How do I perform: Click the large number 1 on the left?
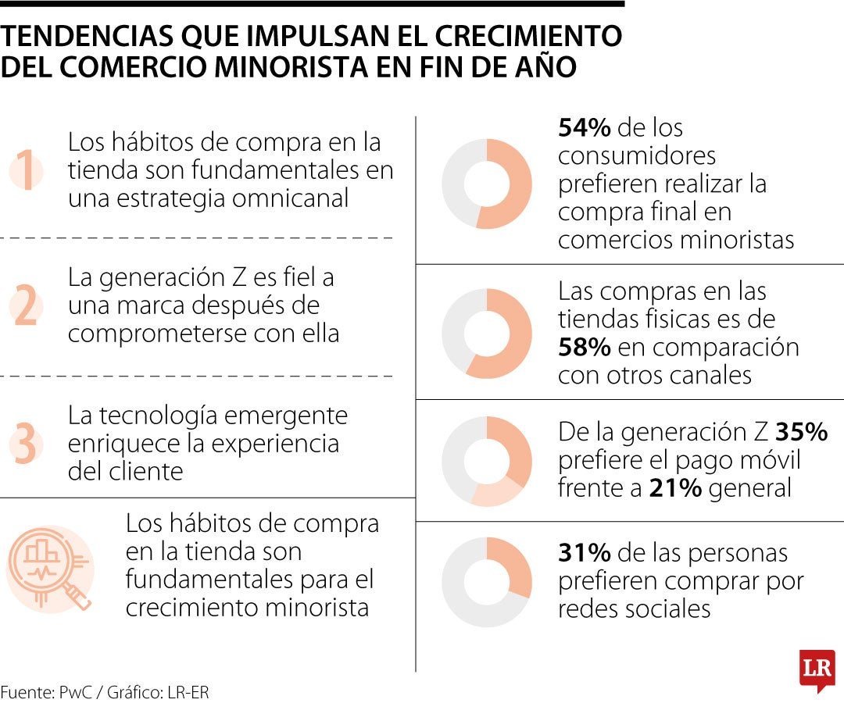click(27, 170)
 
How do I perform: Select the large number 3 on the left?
click(25, 443)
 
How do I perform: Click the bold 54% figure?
click(585, 128)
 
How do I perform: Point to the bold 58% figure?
click(585, 347)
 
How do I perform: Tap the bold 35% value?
click(802, 432)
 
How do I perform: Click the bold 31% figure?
click(584, 553)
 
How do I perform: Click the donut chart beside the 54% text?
click(486, 184)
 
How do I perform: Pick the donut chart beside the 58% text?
click(486, 334)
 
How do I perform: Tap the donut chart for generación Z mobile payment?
click(486, 461)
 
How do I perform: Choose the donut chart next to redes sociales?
click(486, 582)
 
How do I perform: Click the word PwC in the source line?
click(77, 692)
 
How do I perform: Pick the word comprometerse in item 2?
click(144, 334)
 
